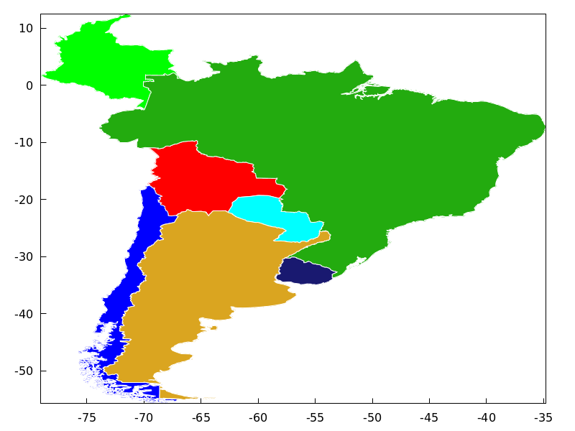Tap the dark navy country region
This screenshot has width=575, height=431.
click(x=305, y=272)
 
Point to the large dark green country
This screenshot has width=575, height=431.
click(x=359, y=144)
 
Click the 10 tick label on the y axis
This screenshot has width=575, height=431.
click(x=26, y=28)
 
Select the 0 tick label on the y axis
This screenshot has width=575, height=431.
click(x=29, y=85)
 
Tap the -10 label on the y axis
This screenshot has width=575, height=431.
click(x=24, y=142)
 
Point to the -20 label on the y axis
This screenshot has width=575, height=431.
click(x=24, y=200)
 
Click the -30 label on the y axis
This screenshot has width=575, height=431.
click(x=24, y=256)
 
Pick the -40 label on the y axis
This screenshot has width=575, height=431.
click(x=24, y=314)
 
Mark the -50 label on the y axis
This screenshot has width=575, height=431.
click(x=24, y=371)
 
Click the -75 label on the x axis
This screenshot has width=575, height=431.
click(x=86, y=417)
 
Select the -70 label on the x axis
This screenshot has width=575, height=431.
click(x=144, y=417)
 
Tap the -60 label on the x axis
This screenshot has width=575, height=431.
click(x=258, y=417)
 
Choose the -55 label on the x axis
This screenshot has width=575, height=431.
click(x=315, y=417)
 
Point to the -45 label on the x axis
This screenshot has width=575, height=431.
click(x=429, y=417)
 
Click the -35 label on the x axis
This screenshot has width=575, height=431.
click(x=543, y=417)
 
